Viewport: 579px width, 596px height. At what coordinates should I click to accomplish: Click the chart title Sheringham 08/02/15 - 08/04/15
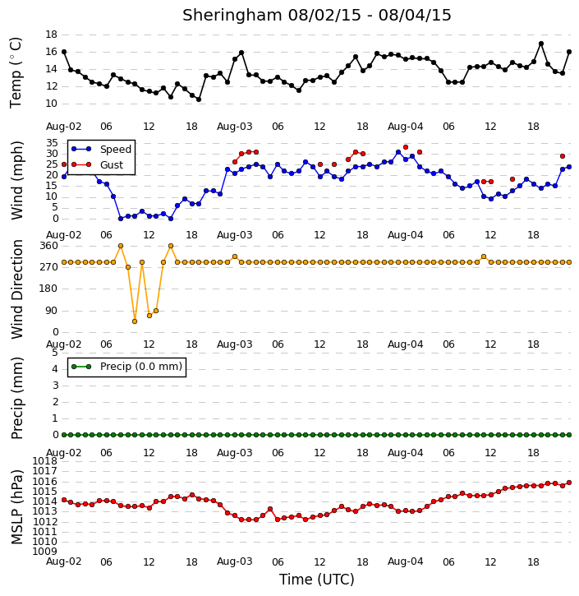tap(317, 15)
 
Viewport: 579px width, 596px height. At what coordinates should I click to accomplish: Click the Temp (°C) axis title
tap(16, 72)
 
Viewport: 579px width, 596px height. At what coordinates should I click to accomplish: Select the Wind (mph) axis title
tap(16, 180)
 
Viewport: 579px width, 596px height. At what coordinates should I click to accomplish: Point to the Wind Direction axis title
tap(16, 289)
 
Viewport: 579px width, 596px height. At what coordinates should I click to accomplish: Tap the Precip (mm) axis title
tap(16, 398)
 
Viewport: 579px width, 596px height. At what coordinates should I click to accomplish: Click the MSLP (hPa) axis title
tap(16, 507)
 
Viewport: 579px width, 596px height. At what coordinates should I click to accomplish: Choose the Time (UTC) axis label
tap(317, 580)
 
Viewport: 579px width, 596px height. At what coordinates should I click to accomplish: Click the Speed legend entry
tap(101, 149)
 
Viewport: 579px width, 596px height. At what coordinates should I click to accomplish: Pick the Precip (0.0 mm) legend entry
tap(126, 367)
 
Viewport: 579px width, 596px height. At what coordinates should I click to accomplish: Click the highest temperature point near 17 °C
tap(541, 44)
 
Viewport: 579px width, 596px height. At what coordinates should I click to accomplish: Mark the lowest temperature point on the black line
tap(199, 99)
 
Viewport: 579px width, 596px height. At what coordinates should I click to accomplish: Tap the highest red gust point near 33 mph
tap(406, 147)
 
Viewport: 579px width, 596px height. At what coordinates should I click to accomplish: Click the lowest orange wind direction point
tap(135, 321)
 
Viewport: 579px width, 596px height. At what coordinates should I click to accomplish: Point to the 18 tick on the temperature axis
tap(51, 35)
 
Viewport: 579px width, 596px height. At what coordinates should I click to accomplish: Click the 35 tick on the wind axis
tap(52, 143)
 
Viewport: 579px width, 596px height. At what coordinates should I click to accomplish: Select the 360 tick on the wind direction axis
tap(49, 246)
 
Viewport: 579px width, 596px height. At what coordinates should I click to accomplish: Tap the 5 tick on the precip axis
tap(55, 353)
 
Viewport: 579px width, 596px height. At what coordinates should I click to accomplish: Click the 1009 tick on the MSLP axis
tap(45, 552)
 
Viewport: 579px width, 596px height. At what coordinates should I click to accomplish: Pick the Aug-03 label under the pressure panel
tap(234, 561)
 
